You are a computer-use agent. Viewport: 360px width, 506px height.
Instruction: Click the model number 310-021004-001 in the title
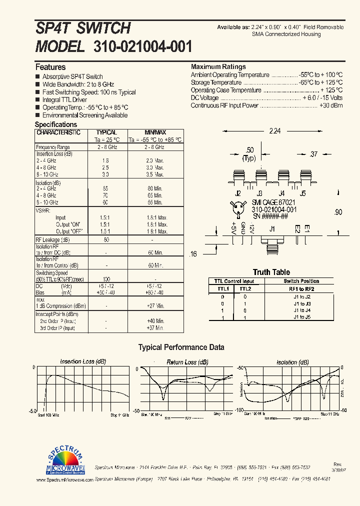pos(142,46)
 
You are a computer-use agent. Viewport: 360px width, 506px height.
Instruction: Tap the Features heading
pos(50,67)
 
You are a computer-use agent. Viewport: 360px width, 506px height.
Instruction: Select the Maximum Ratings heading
pos(218,66)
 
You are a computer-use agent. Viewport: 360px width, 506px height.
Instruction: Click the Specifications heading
pos(56,124)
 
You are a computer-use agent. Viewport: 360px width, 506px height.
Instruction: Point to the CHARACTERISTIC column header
pos(58,132)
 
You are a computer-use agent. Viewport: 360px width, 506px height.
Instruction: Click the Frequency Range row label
pos(53,147)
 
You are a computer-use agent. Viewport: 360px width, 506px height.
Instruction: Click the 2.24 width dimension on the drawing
pos(275,131)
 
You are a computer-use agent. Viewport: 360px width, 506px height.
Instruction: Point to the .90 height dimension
pos(338,212)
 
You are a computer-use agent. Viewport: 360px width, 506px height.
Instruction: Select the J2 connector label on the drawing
pos(238,193)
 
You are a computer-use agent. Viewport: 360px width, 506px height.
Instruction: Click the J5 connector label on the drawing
pos(302,193)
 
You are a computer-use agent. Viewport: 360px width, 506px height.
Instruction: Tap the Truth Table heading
pos(271,272)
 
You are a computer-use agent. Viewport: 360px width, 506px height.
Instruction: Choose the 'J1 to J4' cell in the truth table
pos(301,310)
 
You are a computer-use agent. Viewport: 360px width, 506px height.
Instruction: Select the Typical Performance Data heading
pos(181,347)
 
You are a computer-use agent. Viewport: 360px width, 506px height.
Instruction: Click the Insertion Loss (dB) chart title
pos(83,361)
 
